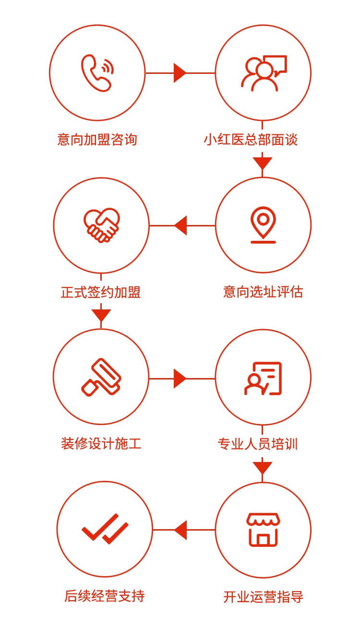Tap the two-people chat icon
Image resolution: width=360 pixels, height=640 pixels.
[264, 73]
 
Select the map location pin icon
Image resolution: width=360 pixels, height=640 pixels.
[263, 225]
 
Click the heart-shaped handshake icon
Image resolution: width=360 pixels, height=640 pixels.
[101, 225]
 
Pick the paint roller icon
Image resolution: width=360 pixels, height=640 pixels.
[101, 377]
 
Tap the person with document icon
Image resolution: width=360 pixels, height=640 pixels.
[263, 379]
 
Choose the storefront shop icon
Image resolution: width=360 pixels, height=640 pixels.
[263, 530]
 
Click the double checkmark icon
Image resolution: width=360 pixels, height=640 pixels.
[105, 529]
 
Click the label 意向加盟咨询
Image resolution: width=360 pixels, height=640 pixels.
[97, 140]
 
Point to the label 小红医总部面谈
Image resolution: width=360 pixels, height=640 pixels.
[251, 140]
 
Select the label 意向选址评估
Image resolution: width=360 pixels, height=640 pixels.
[263, 292]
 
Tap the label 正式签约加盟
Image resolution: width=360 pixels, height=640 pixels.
[101, 292]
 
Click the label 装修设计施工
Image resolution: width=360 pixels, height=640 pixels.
[101, 444]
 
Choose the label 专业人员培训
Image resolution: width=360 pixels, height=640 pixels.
[258, 444]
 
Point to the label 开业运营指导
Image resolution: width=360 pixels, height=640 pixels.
[263, 597]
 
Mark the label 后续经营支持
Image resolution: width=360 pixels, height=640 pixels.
[105, 596]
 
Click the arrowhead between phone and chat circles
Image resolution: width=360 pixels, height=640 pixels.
[180, 73]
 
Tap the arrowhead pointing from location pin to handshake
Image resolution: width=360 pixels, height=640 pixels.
[180, 225]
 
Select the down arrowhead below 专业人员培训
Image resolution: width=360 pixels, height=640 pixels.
[263, 468]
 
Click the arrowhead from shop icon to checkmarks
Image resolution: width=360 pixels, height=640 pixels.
[180, 530]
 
